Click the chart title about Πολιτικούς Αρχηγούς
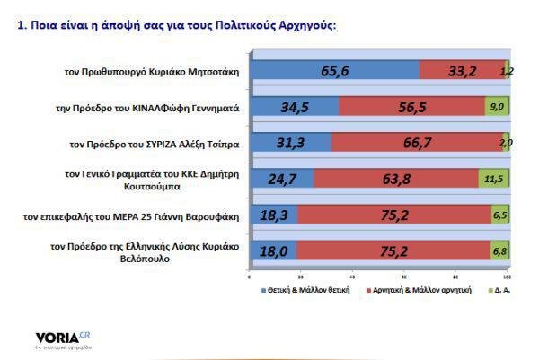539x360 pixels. tap(176, 25)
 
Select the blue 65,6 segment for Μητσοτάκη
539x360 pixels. tap(334, 70)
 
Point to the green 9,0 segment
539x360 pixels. tap(498, 107)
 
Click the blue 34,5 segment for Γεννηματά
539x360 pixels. tap(295, 107)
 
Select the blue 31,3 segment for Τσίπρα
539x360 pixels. tap(290, 143)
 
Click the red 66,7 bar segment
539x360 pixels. tap(416, 143)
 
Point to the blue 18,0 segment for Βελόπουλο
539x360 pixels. tap(273, 252)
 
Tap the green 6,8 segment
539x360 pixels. tap(500, 252)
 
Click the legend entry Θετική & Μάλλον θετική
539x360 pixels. tap(301, 291)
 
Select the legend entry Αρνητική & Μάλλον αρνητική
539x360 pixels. tap(417, 291)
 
